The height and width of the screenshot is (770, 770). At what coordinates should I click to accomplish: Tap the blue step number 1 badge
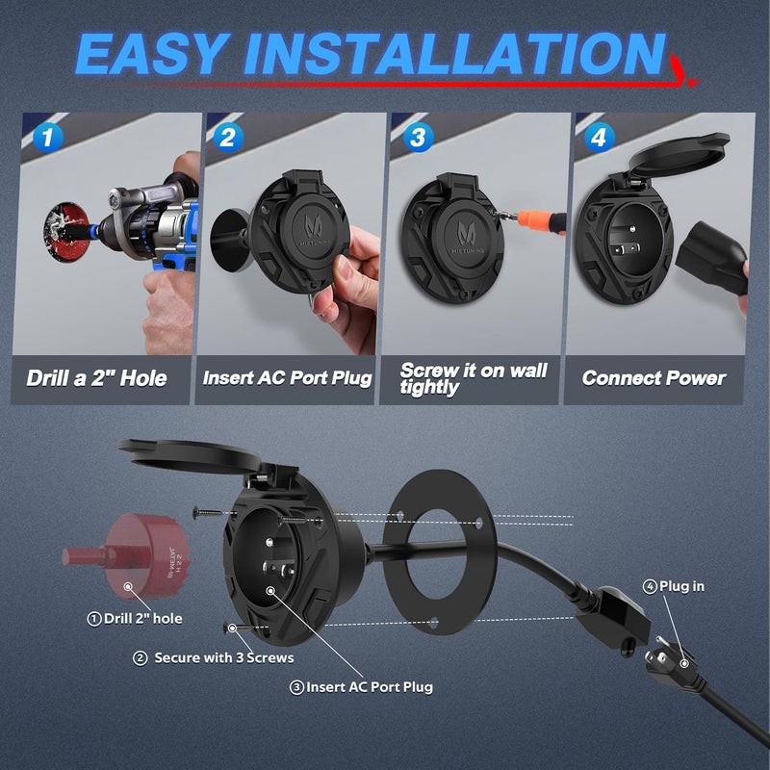coord(44,138)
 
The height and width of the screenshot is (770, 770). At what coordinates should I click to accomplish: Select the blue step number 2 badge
coord(228,138)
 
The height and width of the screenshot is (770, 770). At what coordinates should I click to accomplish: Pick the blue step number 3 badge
coord(416,138)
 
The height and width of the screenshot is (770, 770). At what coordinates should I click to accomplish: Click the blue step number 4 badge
coord(600,138)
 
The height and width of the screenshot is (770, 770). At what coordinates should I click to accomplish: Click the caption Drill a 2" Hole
coord(96,377)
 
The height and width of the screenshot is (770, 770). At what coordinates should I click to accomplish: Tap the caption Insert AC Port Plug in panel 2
coord(287,377)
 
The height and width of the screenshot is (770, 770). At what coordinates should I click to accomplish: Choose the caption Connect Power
coord(654,377)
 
